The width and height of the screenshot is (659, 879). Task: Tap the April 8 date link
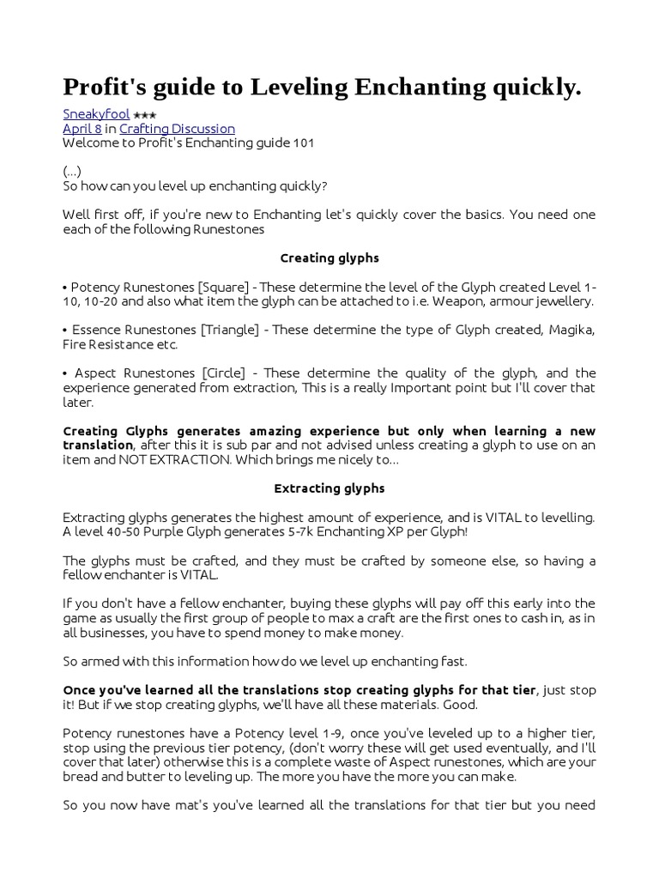[x=82, y=129]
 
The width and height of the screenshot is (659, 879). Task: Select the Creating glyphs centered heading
[x=329, y=258]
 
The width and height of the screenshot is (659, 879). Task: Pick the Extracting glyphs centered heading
[x=329, y=488]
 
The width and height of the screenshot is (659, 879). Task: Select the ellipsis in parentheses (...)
[x=72, y=171]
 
